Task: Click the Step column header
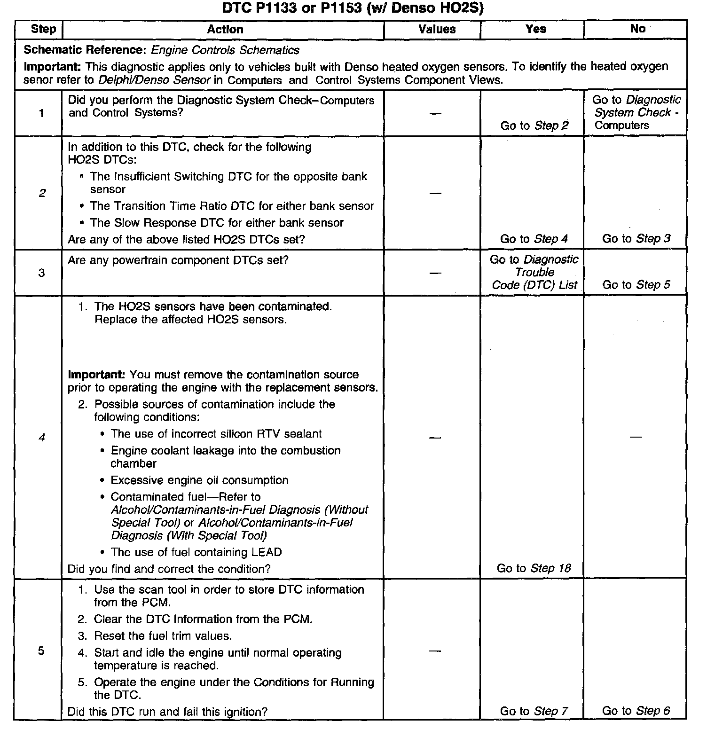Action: [43, 29]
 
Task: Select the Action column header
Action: [225, 29]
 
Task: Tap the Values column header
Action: [437, 29]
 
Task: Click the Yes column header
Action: [535, 29]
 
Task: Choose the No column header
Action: [637, 29]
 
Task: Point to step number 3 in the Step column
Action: [41, 273]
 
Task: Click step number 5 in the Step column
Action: [41, 651]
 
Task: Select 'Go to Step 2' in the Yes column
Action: [534, 125]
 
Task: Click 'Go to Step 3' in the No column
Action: [636, 238]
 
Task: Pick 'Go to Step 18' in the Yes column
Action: [534, 568]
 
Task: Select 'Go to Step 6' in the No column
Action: [636, 711]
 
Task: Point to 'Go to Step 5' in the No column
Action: [636, 285]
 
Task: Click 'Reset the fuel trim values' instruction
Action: [163, 636]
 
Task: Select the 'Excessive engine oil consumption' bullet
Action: [199, 480]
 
